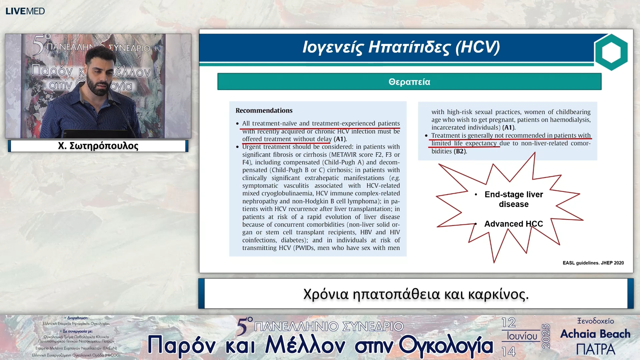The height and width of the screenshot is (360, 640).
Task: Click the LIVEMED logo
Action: [25, 11]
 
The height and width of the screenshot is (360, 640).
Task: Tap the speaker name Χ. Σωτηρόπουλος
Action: [98, 146]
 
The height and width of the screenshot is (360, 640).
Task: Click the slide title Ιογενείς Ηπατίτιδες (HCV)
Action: [401, 47]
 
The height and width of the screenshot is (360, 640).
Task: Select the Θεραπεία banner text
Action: [409, 82]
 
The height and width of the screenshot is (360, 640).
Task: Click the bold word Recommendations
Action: [264, 111]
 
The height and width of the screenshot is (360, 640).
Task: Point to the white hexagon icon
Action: [611, 52]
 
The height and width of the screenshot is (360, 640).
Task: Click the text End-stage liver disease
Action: [514, 199]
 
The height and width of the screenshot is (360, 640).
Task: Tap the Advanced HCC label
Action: [513, 224]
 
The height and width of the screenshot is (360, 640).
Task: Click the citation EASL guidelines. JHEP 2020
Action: [593, 263]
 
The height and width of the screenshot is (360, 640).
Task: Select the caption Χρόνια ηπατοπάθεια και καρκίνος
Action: [416, 294]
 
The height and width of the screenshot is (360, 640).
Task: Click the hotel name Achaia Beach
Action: [595, 334]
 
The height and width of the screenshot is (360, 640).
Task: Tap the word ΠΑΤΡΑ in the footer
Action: [595, 349]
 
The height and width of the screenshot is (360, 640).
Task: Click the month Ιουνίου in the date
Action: [522, 336]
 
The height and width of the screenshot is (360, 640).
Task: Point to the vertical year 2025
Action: [546, 336]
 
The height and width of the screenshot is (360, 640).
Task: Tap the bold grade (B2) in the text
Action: [460, 151]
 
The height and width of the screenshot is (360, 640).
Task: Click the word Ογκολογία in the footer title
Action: [446, 345]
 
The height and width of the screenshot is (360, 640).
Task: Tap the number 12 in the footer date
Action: [508, 323]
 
